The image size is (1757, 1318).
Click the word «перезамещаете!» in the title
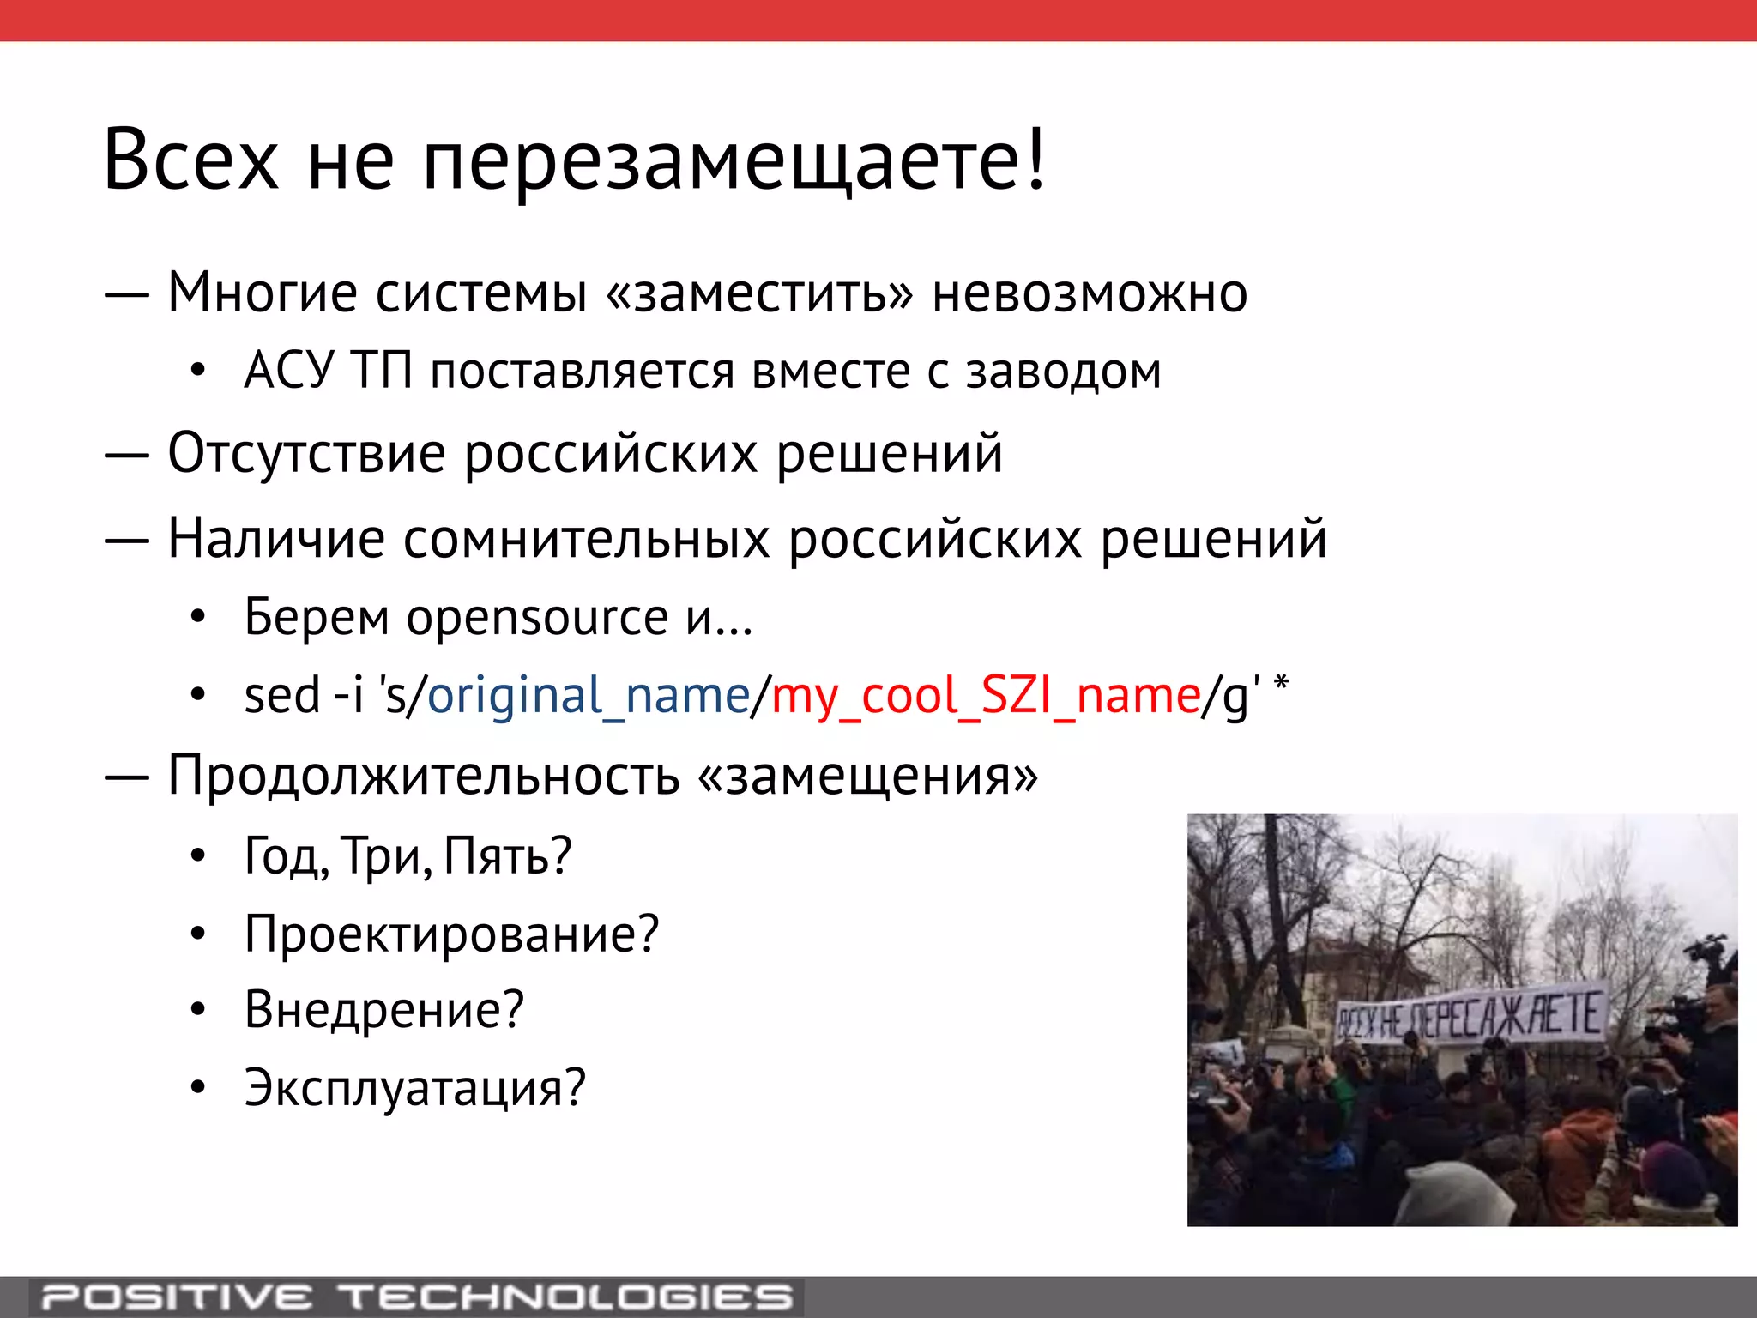[734, 161]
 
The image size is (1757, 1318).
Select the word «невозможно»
[1090, 293]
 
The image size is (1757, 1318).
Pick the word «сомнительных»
[586, 539]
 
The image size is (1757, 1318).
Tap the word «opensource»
[537, 617]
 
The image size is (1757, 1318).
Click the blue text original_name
[589, 695]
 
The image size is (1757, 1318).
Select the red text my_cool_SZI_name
[986, 695]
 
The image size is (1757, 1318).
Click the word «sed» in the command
[281, 695]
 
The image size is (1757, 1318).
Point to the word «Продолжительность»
[424, 776]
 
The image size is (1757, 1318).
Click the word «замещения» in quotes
[868, 776]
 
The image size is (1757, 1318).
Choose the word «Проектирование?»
[451, 934]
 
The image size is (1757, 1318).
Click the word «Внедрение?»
[383, 1010]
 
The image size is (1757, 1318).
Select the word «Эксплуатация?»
[414, 1088]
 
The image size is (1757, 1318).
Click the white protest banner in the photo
[1470, 1015]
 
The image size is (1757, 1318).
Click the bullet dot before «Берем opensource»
[198, 617]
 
